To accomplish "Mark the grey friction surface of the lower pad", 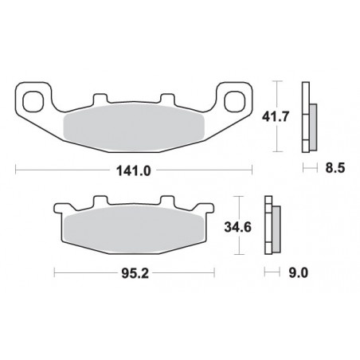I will [x=134, y=231].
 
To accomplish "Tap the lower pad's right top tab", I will [x=168, y=201].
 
